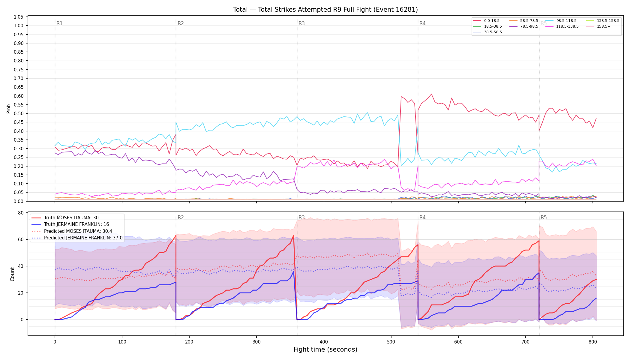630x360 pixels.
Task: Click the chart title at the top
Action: click(325, 10)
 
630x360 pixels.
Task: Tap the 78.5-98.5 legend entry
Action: click(523, 26)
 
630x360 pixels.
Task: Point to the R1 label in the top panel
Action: click(59, 23)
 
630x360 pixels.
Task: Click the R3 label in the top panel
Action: click(301, 23)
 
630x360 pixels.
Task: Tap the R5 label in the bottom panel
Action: click(544, 217)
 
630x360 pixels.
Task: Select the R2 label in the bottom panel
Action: click(181, 217)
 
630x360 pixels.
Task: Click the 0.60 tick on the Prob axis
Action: click(18, 96)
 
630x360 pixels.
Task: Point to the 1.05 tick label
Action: click(18, 17)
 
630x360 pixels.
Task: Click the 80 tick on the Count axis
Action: click(21, 213)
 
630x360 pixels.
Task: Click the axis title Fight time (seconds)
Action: click(325, 349)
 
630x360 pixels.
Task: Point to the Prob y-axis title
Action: click(9, 109)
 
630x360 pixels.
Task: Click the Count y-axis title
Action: click(12, 274)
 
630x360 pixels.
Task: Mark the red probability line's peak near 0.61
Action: click(431, 94)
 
